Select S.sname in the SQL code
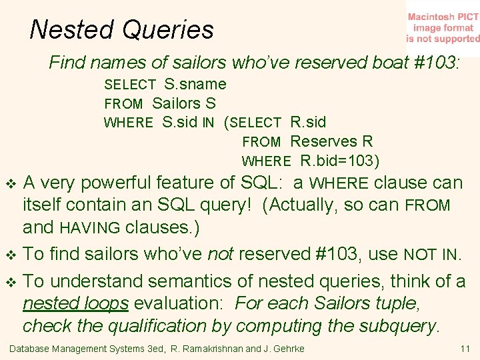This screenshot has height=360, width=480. (x=195, y=84)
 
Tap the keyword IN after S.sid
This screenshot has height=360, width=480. (x=208, y=123)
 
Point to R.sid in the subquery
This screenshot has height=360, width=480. (x=308, y=122)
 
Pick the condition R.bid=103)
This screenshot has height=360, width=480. (x=340, y=161)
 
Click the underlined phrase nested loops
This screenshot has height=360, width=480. (x=75, y=303)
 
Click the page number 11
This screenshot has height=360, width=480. (x=465, y=349)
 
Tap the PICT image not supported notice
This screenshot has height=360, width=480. (x=443, y=27)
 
